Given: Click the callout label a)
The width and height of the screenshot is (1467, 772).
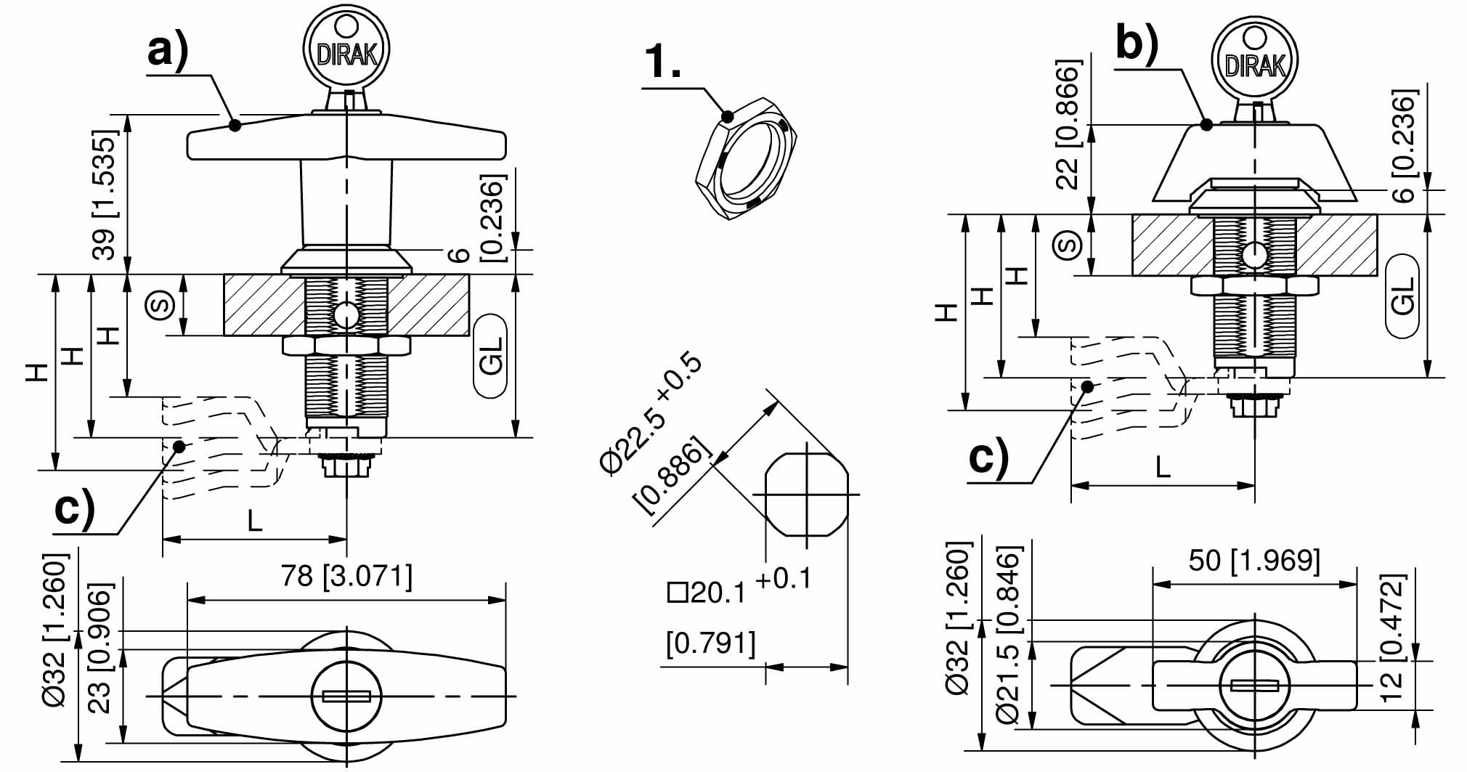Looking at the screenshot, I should [x=168, y=51].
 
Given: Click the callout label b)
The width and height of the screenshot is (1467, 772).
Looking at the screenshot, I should [x=1137, y=44].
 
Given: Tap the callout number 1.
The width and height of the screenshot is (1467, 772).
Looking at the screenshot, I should [x=662, y=61].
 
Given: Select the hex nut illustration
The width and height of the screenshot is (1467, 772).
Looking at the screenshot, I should [x=746, y=159].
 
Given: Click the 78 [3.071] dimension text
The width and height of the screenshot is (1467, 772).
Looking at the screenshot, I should [x=346, y=577].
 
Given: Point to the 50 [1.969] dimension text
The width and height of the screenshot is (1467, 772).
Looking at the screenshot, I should [x=1254, y=561].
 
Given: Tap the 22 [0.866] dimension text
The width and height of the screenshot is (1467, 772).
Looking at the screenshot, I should [x=1068, y=125].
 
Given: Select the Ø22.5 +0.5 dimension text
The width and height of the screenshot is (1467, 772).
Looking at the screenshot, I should [x=651, y=414].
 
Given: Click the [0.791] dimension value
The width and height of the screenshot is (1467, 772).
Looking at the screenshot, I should [x=711, y=643].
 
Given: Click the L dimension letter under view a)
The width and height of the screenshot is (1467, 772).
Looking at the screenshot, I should [x=254, y=521].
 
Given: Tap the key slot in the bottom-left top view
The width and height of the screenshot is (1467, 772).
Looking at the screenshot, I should [x=346, y=696].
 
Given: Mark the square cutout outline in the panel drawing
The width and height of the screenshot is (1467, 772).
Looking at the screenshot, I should [x=806, y=495].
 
